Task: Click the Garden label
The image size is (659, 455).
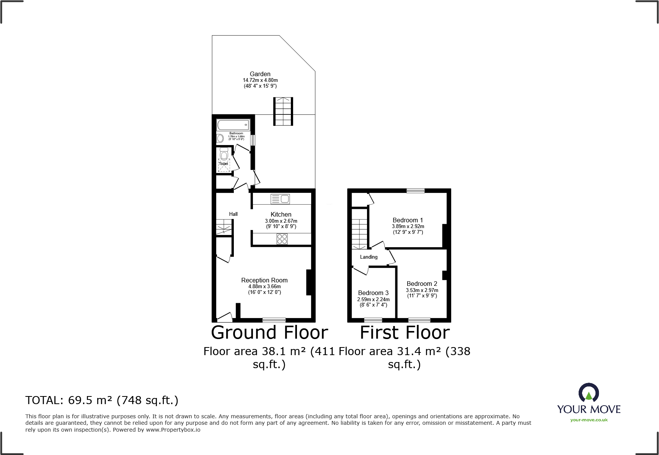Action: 260,74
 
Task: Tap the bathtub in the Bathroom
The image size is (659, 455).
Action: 233,125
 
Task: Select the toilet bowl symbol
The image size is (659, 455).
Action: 224,155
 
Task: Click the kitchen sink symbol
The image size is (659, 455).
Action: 281,199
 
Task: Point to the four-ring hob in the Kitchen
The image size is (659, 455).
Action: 282,239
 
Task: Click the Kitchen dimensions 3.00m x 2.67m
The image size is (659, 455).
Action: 281,221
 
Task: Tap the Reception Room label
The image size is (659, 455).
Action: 264,280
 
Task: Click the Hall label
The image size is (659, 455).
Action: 233,214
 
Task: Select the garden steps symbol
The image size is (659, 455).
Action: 283,111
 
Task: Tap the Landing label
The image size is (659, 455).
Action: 369,257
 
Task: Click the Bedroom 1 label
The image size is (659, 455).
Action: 408,220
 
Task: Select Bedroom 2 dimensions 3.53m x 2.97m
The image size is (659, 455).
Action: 422,290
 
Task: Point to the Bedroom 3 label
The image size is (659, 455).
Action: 373,293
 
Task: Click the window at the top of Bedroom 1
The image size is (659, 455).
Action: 415,191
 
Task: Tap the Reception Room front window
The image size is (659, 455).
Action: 274,320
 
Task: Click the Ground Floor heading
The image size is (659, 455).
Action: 269,332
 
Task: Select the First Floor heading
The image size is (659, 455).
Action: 405,332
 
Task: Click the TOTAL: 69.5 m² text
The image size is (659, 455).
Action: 102,400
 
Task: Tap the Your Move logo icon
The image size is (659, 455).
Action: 589,393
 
